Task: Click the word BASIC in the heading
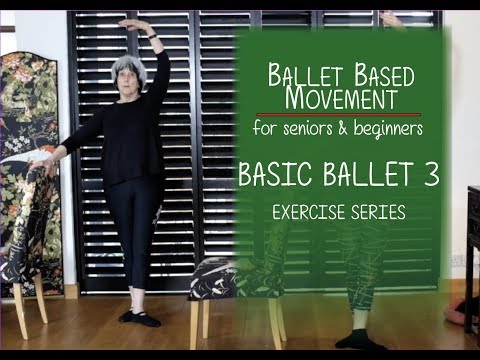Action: (x=276, y=175)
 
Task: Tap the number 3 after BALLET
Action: (x=431, y=175)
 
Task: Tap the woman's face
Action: (x=129, y=75)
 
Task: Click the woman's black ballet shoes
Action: (x=140, y=318)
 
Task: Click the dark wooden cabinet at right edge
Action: (x=472, y=240)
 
